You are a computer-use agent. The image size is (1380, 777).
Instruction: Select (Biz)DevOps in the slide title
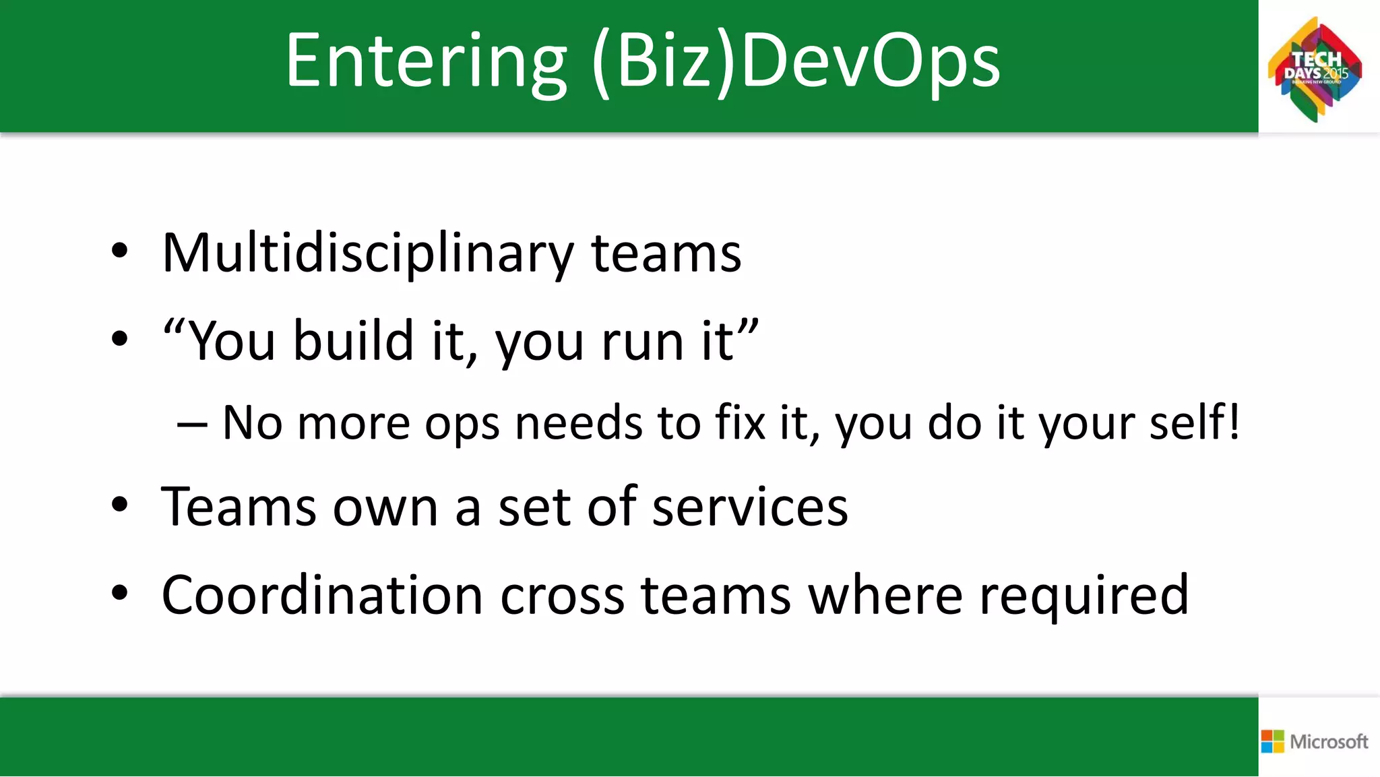[796, 62]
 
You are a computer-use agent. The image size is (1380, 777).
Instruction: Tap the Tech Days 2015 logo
[1315, 69]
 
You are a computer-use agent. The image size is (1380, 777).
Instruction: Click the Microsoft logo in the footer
[1315, 741]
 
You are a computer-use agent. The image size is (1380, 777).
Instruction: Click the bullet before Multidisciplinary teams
[119, 251]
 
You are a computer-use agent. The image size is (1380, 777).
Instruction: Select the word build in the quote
[353, 341]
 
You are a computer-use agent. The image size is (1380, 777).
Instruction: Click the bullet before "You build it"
[119, 339]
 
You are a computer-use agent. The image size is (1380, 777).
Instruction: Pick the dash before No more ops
[191, 425]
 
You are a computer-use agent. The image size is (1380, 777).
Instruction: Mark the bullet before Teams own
[119, 505]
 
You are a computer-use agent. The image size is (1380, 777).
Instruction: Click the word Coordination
[322, 595]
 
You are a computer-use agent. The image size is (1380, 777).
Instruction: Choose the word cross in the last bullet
[562, 596]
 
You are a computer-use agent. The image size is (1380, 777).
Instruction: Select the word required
[1084, 596]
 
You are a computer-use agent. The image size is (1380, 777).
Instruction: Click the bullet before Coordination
[119, 593]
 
